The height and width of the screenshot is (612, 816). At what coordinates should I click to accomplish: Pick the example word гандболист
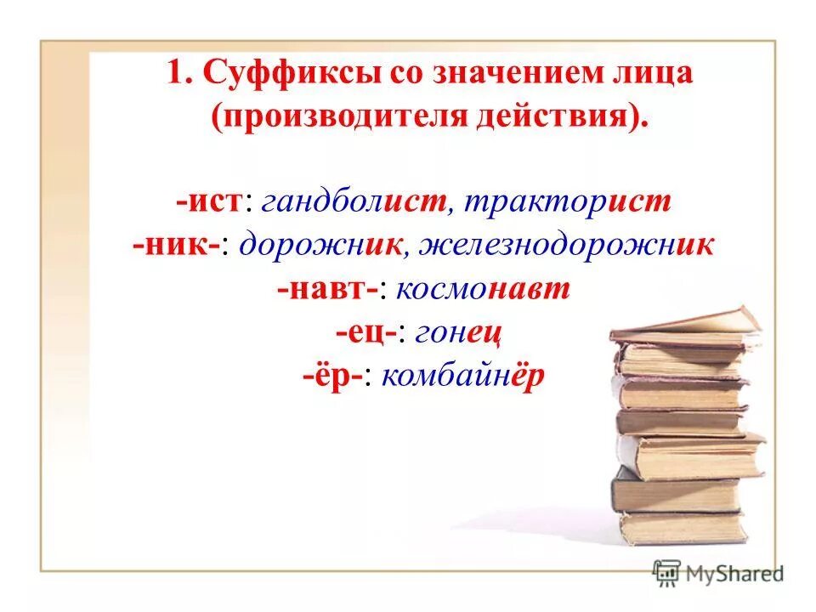tap(355, 202)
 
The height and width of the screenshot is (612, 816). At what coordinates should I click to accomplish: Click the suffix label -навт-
tap(327, 289)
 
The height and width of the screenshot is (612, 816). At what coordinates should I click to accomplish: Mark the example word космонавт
tap(482, 289)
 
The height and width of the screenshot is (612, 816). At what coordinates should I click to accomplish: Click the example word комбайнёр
tap(462, 376)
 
